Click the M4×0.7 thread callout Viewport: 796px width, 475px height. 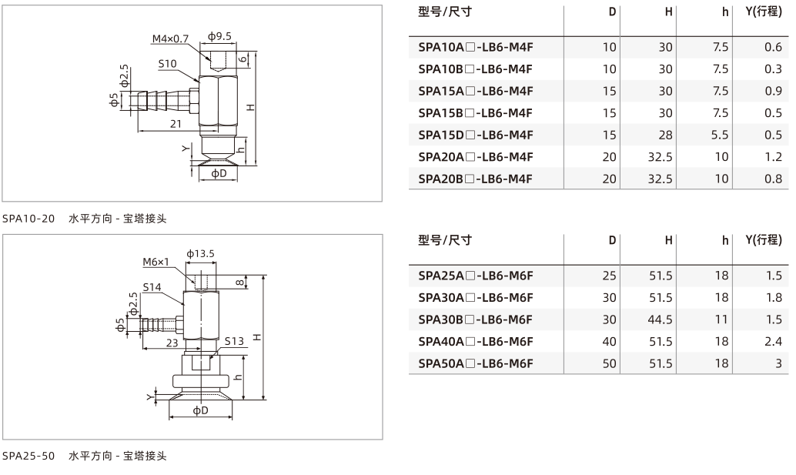(170, 38)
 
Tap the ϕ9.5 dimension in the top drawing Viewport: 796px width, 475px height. (219, 36)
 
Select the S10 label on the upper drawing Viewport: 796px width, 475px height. (167, 63)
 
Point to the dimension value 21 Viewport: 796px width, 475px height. (176, 123)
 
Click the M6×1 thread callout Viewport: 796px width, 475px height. (156, 262)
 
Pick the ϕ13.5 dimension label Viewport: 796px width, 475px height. (200, 253)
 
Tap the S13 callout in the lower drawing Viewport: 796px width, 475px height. (234, 341)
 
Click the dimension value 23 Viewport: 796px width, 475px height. (172, 343)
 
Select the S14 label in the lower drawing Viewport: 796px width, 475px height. (152, 287)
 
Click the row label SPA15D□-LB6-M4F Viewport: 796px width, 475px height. (476, 135)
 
